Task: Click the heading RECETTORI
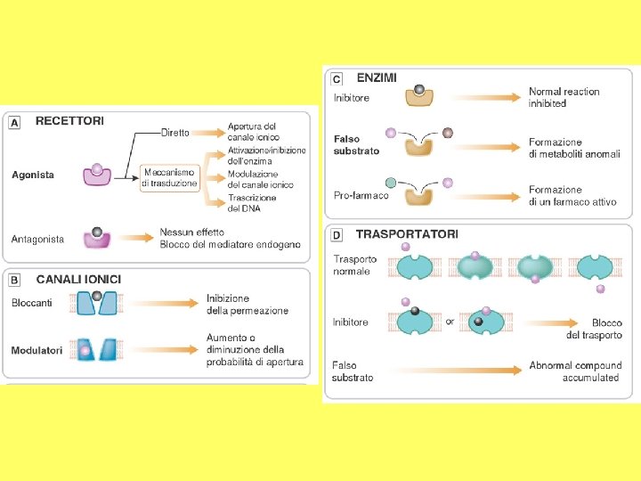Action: click(x=69, y=120)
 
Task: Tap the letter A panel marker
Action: click(x=14, y=121)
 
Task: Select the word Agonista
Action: click(x=33, y=175)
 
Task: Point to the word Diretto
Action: click(x=174, y=133)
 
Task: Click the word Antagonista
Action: click(x=38, y=239)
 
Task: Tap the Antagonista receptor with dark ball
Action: click(x=97, y=237)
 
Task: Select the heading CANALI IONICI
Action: click(x=78, y=279)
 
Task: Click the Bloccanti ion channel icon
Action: click(x=98, y=303)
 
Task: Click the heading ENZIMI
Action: click(x=377, y=77)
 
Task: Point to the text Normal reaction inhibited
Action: click(x=564, y=97)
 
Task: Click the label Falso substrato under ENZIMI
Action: click(x=356, y=145)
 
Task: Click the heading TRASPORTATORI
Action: click(x=407, y=234)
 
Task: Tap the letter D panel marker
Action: click(x=337, y=235)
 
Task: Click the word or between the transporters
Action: click(x=450, y=322)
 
